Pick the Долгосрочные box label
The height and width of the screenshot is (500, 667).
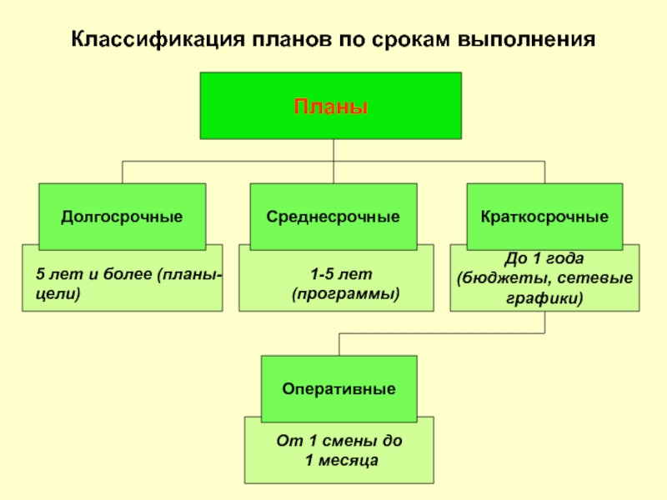point(122,217)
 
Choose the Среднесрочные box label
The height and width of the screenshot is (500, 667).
point(333,217)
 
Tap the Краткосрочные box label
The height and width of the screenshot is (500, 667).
point(544,217)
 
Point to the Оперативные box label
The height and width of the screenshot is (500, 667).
point(339,388)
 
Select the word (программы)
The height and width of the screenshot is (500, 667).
point(345,293)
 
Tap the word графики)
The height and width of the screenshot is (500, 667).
point(544,296)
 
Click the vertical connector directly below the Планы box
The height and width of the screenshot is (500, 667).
point(333,149)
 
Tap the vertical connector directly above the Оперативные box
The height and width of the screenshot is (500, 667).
point(339,344)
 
